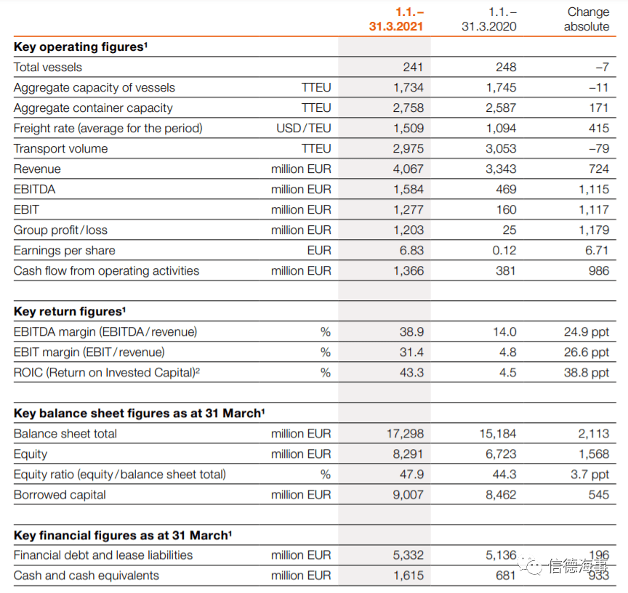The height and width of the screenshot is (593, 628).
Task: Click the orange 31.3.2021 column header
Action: (395, 19)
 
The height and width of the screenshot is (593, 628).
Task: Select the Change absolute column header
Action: (587, 19)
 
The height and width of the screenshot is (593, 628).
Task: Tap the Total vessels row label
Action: (48, 68)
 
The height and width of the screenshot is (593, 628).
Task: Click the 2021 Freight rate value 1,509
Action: (408, 128)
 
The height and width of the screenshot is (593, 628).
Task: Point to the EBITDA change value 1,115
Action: (594, 190)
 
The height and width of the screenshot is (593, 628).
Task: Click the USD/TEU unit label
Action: (304, 128)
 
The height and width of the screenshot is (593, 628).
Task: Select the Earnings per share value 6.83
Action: (411, 250)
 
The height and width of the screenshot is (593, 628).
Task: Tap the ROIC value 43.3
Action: (411, 372)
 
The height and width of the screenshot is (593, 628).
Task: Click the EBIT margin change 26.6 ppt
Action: (587, 352)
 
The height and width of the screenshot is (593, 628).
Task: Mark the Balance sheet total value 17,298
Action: (405, 434)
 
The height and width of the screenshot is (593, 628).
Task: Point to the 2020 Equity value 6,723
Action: (501, 454)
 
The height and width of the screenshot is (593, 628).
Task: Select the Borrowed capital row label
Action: (60, 495)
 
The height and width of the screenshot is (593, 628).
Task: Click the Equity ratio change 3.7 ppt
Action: (589, 475)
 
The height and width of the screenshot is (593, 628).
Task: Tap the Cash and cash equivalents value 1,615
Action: (408, 576)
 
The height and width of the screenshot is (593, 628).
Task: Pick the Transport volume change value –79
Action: (599, 148)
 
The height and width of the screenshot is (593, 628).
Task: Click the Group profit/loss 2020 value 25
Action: (510, 230)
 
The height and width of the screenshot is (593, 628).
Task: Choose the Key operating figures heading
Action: (81, 47)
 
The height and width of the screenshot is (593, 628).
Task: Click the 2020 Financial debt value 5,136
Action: (501, 555)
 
